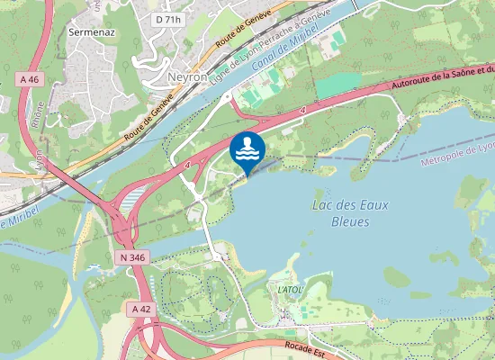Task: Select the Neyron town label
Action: (x=187, y=77)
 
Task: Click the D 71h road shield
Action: (x=167, y=19)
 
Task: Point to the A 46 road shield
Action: (x=30, y=79)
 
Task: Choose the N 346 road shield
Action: (x=131, y=257)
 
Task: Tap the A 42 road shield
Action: (x=140, y=309)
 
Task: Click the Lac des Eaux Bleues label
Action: (x=349, y=212)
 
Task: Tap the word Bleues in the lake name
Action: (x=350, y=221)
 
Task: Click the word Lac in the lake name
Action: (x=322, y=205)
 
